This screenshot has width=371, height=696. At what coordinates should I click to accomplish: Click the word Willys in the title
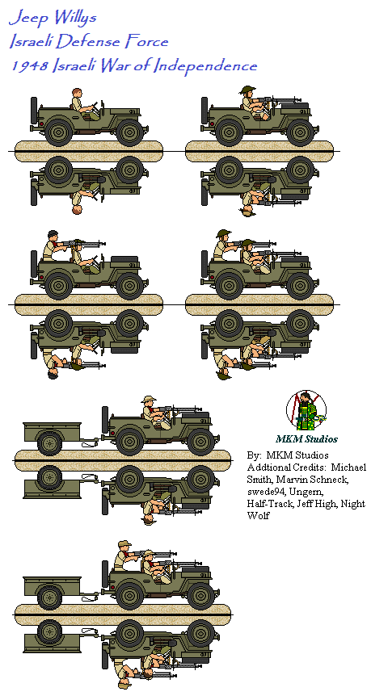pos(74,19)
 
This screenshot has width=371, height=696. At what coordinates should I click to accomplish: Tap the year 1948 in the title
pos(29,66)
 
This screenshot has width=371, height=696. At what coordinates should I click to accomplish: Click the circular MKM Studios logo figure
pos(306,411)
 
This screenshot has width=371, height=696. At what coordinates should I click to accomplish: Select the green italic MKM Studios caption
pos(306,439)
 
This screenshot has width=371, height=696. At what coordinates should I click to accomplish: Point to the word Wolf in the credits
pos(258,516)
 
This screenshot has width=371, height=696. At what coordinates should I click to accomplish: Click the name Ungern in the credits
pos(297,493)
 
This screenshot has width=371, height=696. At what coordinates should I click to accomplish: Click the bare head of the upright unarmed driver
pos(77,92)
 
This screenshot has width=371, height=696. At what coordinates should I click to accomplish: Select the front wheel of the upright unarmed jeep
pos(129,132)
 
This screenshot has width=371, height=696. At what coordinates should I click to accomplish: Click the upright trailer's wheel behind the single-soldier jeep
pos(50,442)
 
